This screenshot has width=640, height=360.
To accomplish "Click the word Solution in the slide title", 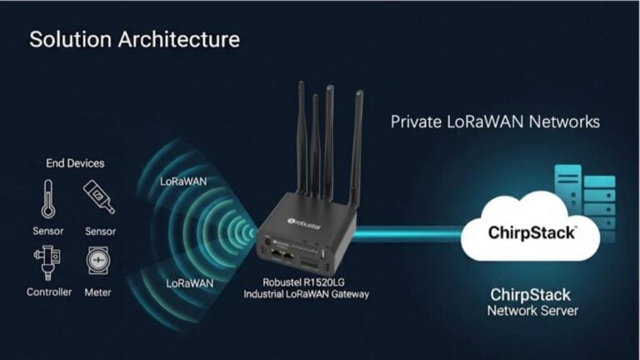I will point(64,39).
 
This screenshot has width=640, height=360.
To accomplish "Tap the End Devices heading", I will point(76,163).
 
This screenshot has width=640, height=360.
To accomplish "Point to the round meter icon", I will point(97,262).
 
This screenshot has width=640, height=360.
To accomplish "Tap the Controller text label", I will point(49,292).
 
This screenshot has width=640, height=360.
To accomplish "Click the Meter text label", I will point(97,292).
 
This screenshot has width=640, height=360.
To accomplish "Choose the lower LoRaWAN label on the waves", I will point(190,283).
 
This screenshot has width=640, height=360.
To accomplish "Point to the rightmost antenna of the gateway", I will point(357,150).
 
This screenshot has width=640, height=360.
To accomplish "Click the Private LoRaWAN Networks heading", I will point(495,122).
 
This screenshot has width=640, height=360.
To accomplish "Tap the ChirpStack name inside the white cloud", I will point(531,233).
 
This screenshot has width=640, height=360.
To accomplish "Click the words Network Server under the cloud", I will point(532,311).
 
